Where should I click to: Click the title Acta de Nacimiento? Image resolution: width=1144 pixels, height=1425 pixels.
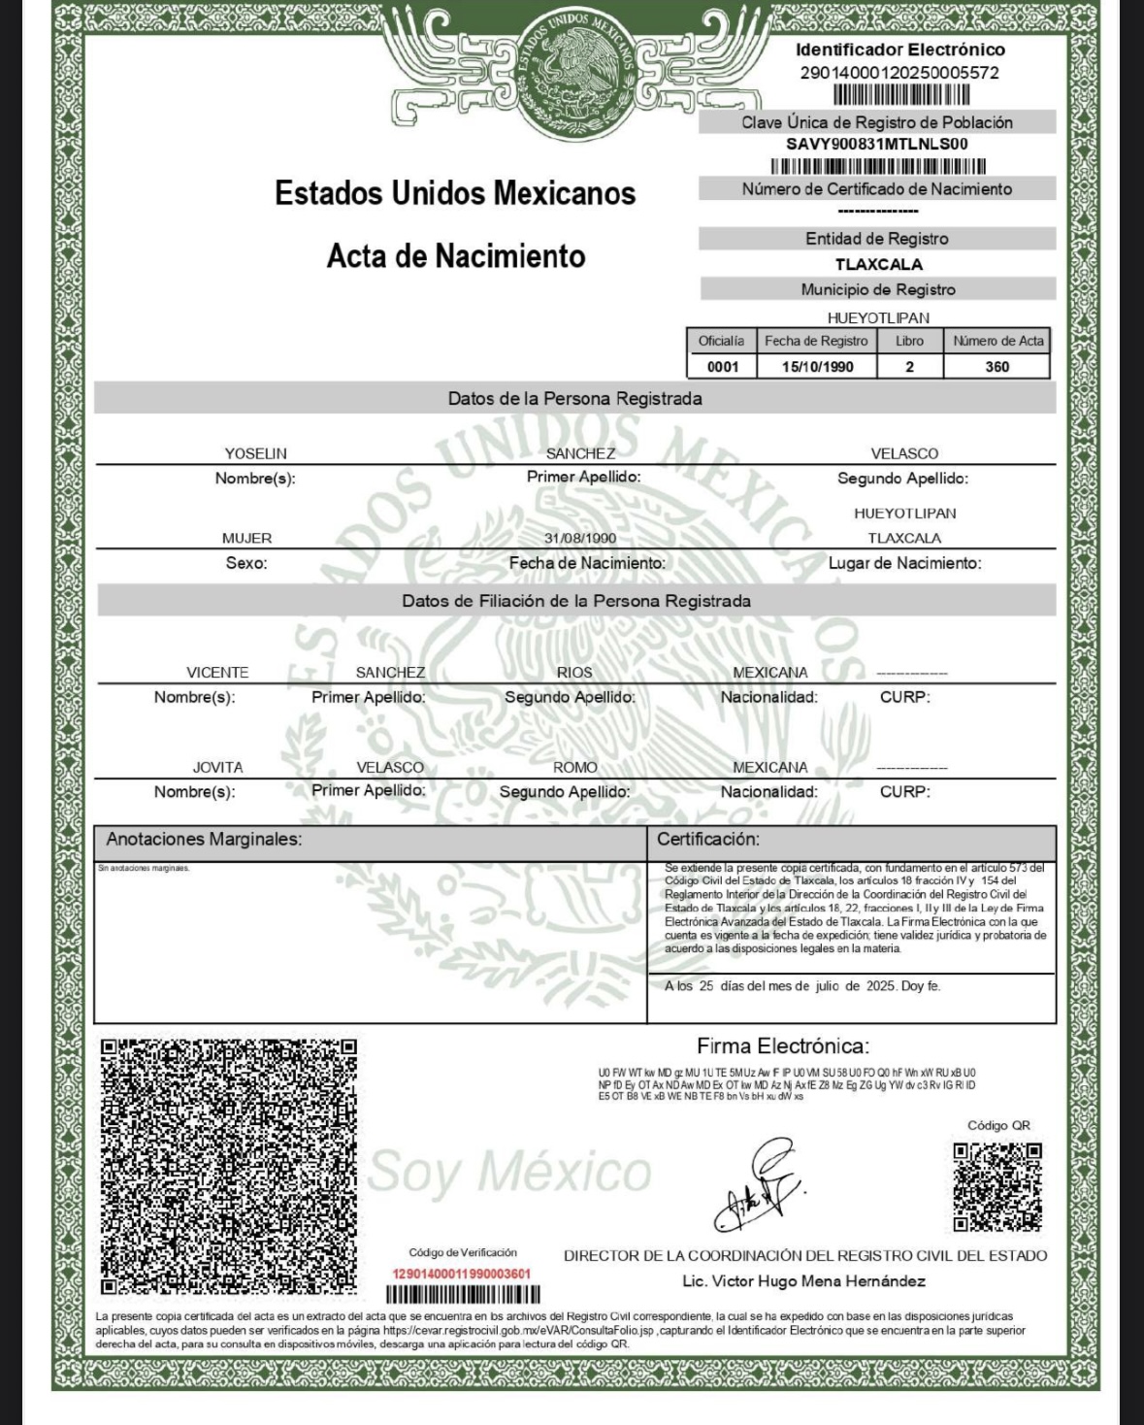pyautogui.click(x=456, y=256)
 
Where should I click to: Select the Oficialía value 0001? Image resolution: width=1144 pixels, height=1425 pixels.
pyautogui.click(x=723, y=367)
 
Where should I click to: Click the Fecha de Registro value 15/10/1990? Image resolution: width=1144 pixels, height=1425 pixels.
pyautogui.click(x=817, y=367)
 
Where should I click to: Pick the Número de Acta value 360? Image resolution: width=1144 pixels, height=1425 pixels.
pyautogui.click(x=997, y=367)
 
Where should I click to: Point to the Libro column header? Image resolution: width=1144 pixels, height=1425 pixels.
pyautogui.click(x=909, y=341)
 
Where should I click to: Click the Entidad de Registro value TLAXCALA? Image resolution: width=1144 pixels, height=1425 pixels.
pyautogui.click(x=878, y=264)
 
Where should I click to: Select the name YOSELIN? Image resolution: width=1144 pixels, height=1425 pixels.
pyautogui.click(x=255, y=453)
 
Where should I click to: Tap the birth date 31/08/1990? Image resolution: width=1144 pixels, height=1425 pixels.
pyautogui.click(x=580, y=538)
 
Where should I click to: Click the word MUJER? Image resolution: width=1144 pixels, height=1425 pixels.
pyautogui.click(x=246, y=538)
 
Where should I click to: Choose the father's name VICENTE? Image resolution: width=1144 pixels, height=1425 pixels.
pyautogui.click(x=217, y=672)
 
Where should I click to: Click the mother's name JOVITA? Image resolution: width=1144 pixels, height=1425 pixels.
pyautogui.click(x=217, y=767)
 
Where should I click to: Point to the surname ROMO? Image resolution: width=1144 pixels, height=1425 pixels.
pyautogui.click(x=574, y=767)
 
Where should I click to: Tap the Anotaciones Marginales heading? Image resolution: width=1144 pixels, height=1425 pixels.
pyautogui.click(x=204, y=840)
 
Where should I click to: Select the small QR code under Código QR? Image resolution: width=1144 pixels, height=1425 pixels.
pyautogui.click(x=997, y=1186)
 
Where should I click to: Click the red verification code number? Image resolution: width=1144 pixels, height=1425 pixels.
pyautogui.click(x=461, y=1274)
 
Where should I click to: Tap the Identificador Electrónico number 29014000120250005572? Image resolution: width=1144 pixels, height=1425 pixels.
pyautogui.click(x=899, y=73)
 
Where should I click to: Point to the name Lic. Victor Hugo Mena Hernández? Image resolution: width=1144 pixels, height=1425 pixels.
pyautogui.click(x=803, y=1281)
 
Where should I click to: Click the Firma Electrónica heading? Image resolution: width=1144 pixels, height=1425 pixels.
pyautogui.click(x=782, y=1046)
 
